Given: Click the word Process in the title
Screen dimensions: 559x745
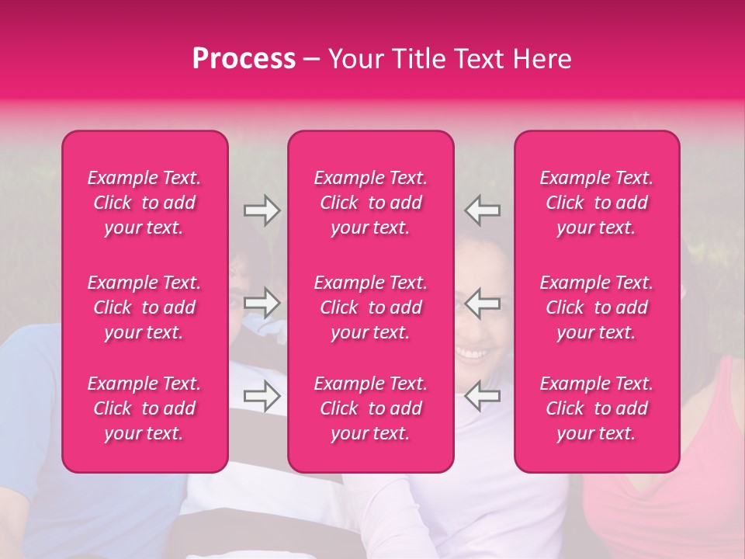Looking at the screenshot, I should point(244,59).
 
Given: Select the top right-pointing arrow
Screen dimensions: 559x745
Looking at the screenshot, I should point(262,210).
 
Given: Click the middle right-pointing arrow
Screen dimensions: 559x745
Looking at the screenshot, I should point(262,303).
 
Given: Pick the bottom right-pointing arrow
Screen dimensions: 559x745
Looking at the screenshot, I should point(262,396).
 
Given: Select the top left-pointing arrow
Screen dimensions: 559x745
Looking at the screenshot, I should point(483,210).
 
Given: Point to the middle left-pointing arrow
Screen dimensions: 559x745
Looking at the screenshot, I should point(483,303).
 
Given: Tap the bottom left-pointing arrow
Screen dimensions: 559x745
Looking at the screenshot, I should point(483,396).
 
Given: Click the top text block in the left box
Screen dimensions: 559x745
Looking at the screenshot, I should point(144,203).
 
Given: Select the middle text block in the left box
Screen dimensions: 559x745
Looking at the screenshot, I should point(144,307).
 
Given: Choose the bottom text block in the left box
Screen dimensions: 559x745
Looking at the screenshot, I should point(144,408).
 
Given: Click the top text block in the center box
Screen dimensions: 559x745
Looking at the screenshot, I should point(371,203).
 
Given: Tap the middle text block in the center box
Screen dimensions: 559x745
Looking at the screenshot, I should point(371,307).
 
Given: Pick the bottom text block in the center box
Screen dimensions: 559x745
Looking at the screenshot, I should point(371,408).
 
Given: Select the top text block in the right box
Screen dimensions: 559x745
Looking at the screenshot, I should point(597,203).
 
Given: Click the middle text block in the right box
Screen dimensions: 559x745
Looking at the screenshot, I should point(597,307).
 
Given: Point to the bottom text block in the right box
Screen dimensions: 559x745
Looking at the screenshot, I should point(597,408).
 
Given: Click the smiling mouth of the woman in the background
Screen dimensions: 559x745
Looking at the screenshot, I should point(470,353).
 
